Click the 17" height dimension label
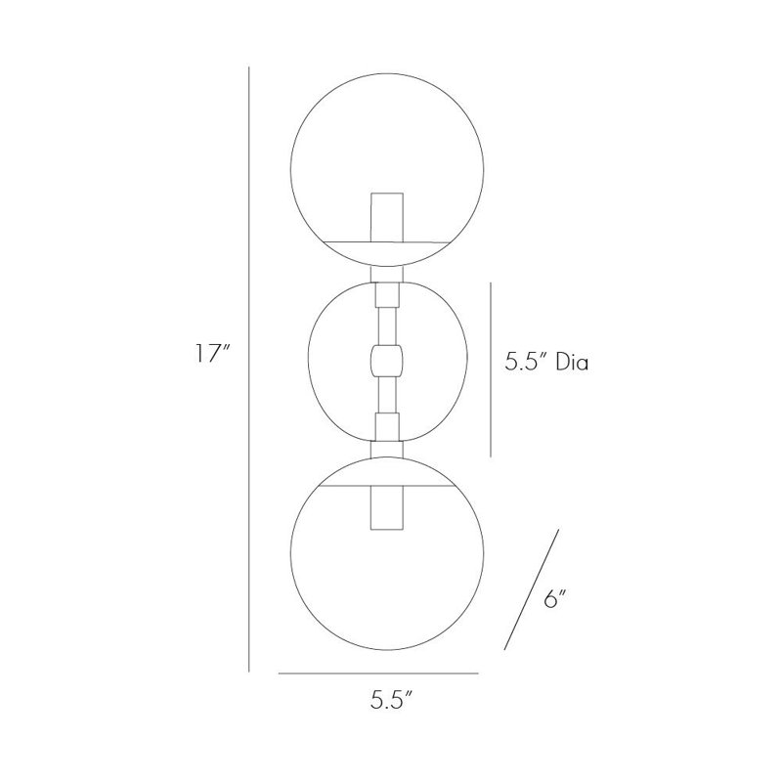click(x=212, y=354)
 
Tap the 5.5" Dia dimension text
click(x=546, y=362)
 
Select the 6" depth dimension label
click(x=555, y=599)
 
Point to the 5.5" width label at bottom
click(x=392, y=701)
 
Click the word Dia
click(x=573, y=362)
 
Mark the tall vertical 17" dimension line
click(x=249, y=369)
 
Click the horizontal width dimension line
click(x=378, y=673)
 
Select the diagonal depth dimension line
click(x=532, y=589)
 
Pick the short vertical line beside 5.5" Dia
click(x=491, y=369)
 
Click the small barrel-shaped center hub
click(x=386, y=360)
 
